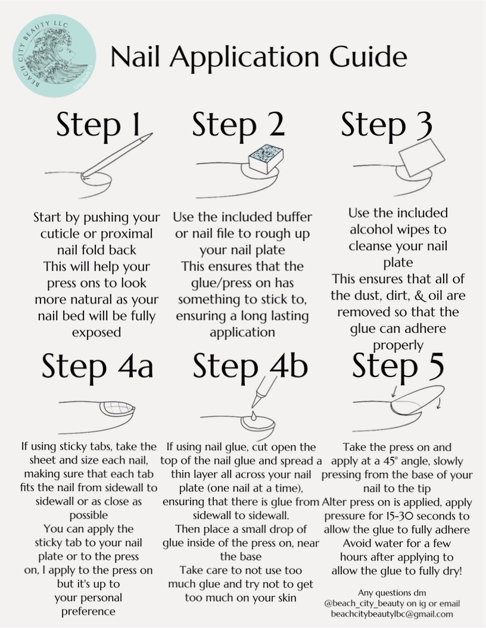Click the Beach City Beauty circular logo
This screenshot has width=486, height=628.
54,55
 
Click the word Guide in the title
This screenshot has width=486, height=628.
368,56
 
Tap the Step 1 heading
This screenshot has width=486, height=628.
99,124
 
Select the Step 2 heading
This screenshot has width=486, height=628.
238,124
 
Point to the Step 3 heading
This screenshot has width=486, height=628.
387,124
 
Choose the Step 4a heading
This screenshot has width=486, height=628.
98,366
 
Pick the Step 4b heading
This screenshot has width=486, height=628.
250,366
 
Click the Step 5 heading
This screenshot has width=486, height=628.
398,365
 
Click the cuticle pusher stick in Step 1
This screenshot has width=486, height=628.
117,155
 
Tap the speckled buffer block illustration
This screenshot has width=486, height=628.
266,159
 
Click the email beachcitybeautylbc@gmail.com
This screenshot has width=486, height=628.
392,614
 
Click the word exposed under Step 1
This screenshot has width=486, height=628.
96,332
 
